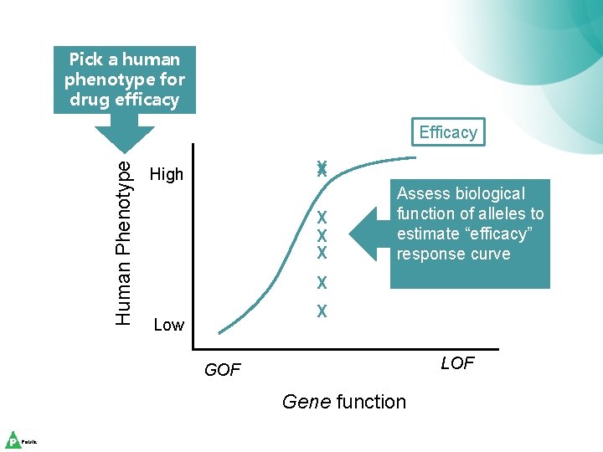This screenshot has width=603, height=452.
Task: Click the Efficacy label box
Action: (x=448, y=132)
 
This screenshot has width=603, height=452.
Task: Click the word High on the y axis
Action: (x=166, y=175)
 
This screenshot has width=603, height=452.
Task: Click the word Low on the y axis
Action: (x=169, y=325)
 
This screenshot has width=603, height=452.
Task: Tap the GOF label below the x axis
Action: (x=222, y=370)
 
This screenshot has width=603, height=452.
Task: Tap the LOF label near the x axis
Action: (x=457, y=362)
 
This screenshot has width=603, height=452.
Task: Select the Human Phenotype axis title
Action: (x=123, y=243)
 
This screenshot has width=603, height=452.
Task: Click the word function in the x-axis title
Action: (x=371, y=402)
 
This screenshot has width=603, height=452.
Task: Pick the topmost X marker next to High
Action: (x=321, y=168)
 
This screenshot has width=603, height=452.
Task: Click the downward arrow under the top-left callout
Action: (x=124, y=134)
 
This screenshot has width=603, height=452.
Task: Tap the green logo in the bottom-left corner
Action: (x=13, y=440)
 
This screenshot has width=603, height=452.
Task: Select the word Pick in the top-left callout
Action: (x=86, y=59)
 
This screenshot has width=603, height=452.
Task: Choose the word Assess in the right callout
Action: (x=425, y=194)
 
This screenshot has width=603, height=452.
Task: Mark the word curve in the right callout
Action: (x=487, y=254)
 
